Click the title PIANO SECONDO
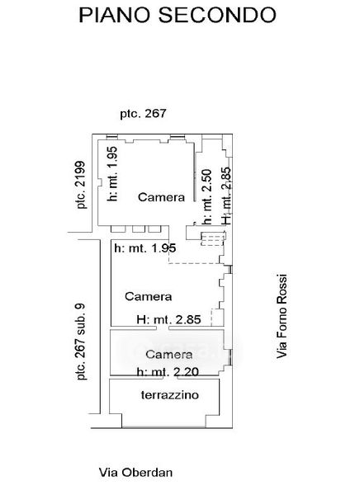point(178,15)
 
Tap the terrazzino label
point(170,395)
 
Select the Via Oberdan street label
point(136,473)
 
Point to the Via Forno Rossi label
point(282,316)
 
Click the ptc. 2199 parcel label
point(81,185)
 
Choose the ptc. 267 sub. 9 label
point(81,342)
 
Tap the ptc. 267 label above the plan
point(143,114)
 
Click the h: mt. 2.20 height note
point(168,371)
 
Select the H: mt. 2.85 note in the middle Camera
point(168,319)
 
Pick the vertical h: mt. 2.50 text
point(207,197)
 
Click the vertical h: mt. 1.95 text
point(112,173)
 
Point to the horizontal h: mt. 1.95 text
point(145,248)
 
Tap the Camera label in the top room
point(161,197)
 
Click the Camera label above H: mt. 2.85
point(149,296)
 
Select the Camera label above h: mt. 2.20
point(168,354)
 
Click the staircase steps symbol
point(213,238)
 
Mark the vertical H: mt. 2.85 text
point(226,196)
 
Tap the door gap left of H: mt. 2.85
point(162,328)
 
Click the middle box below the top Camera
point(139,229)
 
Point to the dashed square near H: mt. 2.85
point(217,317)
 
